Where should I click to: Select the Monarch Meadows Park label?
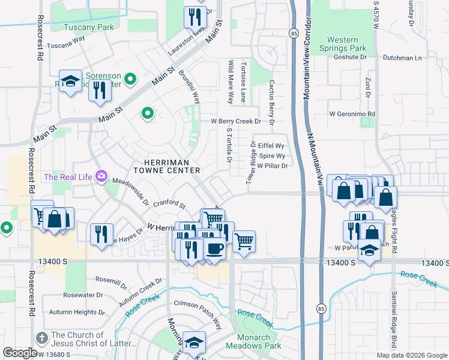coord(253,342)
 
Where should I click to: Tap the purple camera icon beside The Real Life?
coord(101,176)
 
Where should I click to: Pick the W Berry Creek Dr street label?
coord(236,121)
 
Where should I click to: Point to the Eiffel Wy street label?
coord(270,146)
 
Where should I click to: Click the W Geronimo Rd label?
coord(352,114)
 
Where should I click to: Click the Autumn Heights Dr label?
coord(76,312)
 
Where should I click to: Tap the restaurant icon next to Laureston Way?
coord(193,18)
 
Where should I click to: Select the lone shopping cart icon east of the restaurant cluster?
coord(244,242)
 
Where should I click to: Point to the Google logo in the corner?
coord(20,353)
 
